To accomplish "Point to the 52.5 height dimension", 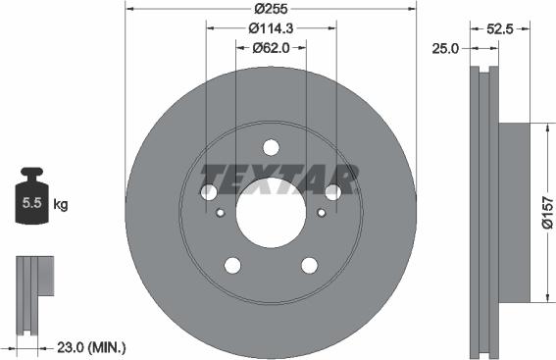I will (x=503, y=28).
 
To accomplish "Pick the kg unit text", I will (x=61, y=205).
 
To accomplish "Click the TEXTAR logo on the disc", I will (x=278, y=179).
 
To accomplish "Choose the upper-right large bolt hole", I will (x=333, y=192).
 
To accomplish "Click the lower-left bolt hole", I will (x=232, y=265).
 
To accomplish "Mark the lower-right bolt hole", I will (x=310, y=265).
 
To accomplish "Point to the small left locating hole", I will (x=221, y=213).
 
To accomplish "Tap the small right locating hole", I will (x=322, y=213).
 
